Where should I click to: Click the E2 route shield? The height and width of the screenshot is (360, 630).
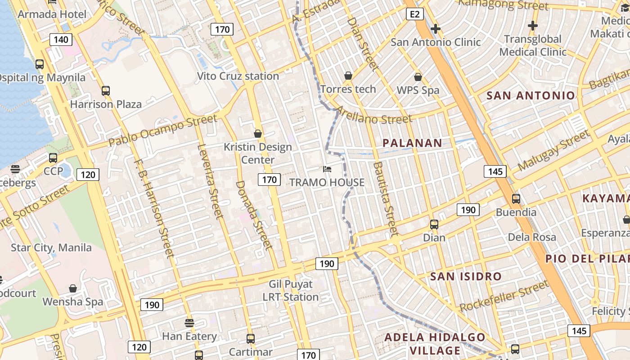pos(414,14)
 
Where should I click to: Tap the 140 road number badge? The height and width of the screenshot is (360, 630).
pos(61,40)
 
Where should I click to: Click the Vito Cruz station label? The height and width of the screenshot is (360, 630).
pos(238,76)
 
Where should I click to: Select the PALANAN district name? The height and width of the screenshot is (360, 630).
pos(412,143)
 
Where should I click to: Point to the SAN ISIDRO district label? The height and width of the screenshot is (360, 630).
pos(466,276)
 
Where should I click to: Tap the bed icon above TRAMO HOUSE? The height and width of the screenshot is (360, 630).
pos(327,169)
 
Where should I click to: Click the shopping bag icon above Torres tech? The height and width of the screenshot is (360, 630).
pos(348,76)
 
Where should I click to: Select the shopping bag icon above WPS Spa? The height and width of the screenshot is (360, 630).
pos(418,77)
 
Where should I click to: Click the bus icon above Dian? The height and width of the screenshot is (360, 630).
pos(434,224)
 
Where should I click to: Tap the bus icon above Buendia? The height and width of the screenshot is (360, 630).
pos(516,198)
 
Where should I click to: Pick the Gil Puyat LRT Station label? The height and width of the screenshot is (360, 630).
pos(291,291)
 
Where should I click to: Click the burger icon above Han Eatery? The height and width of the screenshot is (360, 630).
pos(189,323)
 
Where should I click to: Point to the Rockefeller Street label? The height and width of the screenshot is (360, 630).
pos(504,296)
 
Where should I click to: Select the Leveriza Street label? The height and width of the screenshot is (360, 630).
pos(211,181)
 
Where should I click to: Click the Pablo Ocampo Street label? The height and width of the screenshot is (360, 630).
pos(163,130)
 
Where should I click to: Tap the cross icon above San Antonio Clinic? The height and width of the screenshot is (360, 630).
pos(435,29)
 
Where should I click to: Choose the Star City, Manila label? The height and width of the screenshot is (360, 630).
pos(51,247)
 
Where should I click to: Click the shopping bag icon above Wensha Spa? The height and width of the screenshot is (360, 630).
pos(73,288)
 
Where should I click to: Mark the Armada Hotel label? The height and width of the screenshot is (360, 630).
pos(52,14)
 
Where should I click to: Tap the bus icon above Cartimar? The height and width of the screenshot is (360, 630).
pos(251,338)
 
